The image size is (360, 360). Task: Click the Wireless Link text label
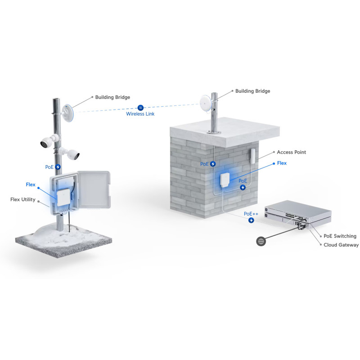pos(140,114)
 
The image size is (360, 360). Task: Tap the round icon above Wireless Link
pos(140,108)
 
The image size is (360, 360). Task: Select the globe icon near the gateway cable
pos(261,241)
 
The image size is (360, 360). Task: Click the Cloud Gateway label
pos(341,245)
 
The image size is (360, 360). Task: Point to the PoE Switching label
pos(340,236)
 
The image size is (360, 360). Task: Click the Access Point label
pos(291,152)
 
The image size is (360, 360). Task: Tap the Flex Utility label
pos(23,199)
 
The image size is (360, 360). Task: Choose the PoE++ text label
pos(251,214)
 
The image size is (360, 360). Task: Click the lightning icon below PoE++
pos(251,220)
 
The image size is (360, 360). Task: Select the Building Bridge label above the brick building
pos(252,91)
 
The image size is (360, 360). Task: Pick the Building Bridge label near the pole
pos(112,97)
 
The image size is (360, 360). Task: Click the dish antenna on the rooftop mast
pos(206,104)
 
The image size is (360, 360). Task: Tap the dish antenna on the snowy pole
pos(67,113)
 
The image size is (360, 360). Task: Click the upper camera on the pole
pos(49,141)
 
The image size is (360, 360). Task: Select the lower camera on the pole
pos(69,153)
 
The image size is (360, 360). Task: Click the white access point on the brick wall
pos(252,156)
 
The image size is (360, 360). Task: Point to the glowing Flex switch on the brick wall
pos(225,180)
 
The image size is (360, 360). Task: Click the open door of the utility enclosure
pos(94,189)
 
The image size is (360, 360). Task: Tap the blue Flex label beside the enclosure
pos(31,184)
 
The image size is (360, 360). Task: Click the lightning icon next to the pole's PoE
pos(58,167)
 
